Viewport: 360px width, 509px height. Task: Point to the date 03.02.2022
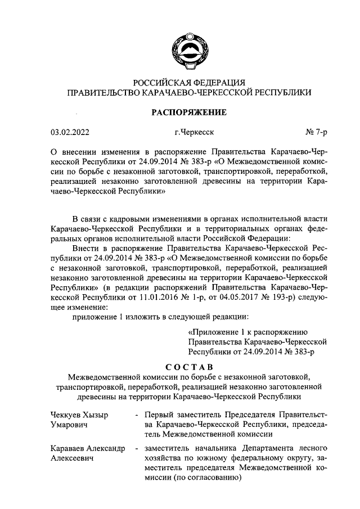click(x=70, y=133)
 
